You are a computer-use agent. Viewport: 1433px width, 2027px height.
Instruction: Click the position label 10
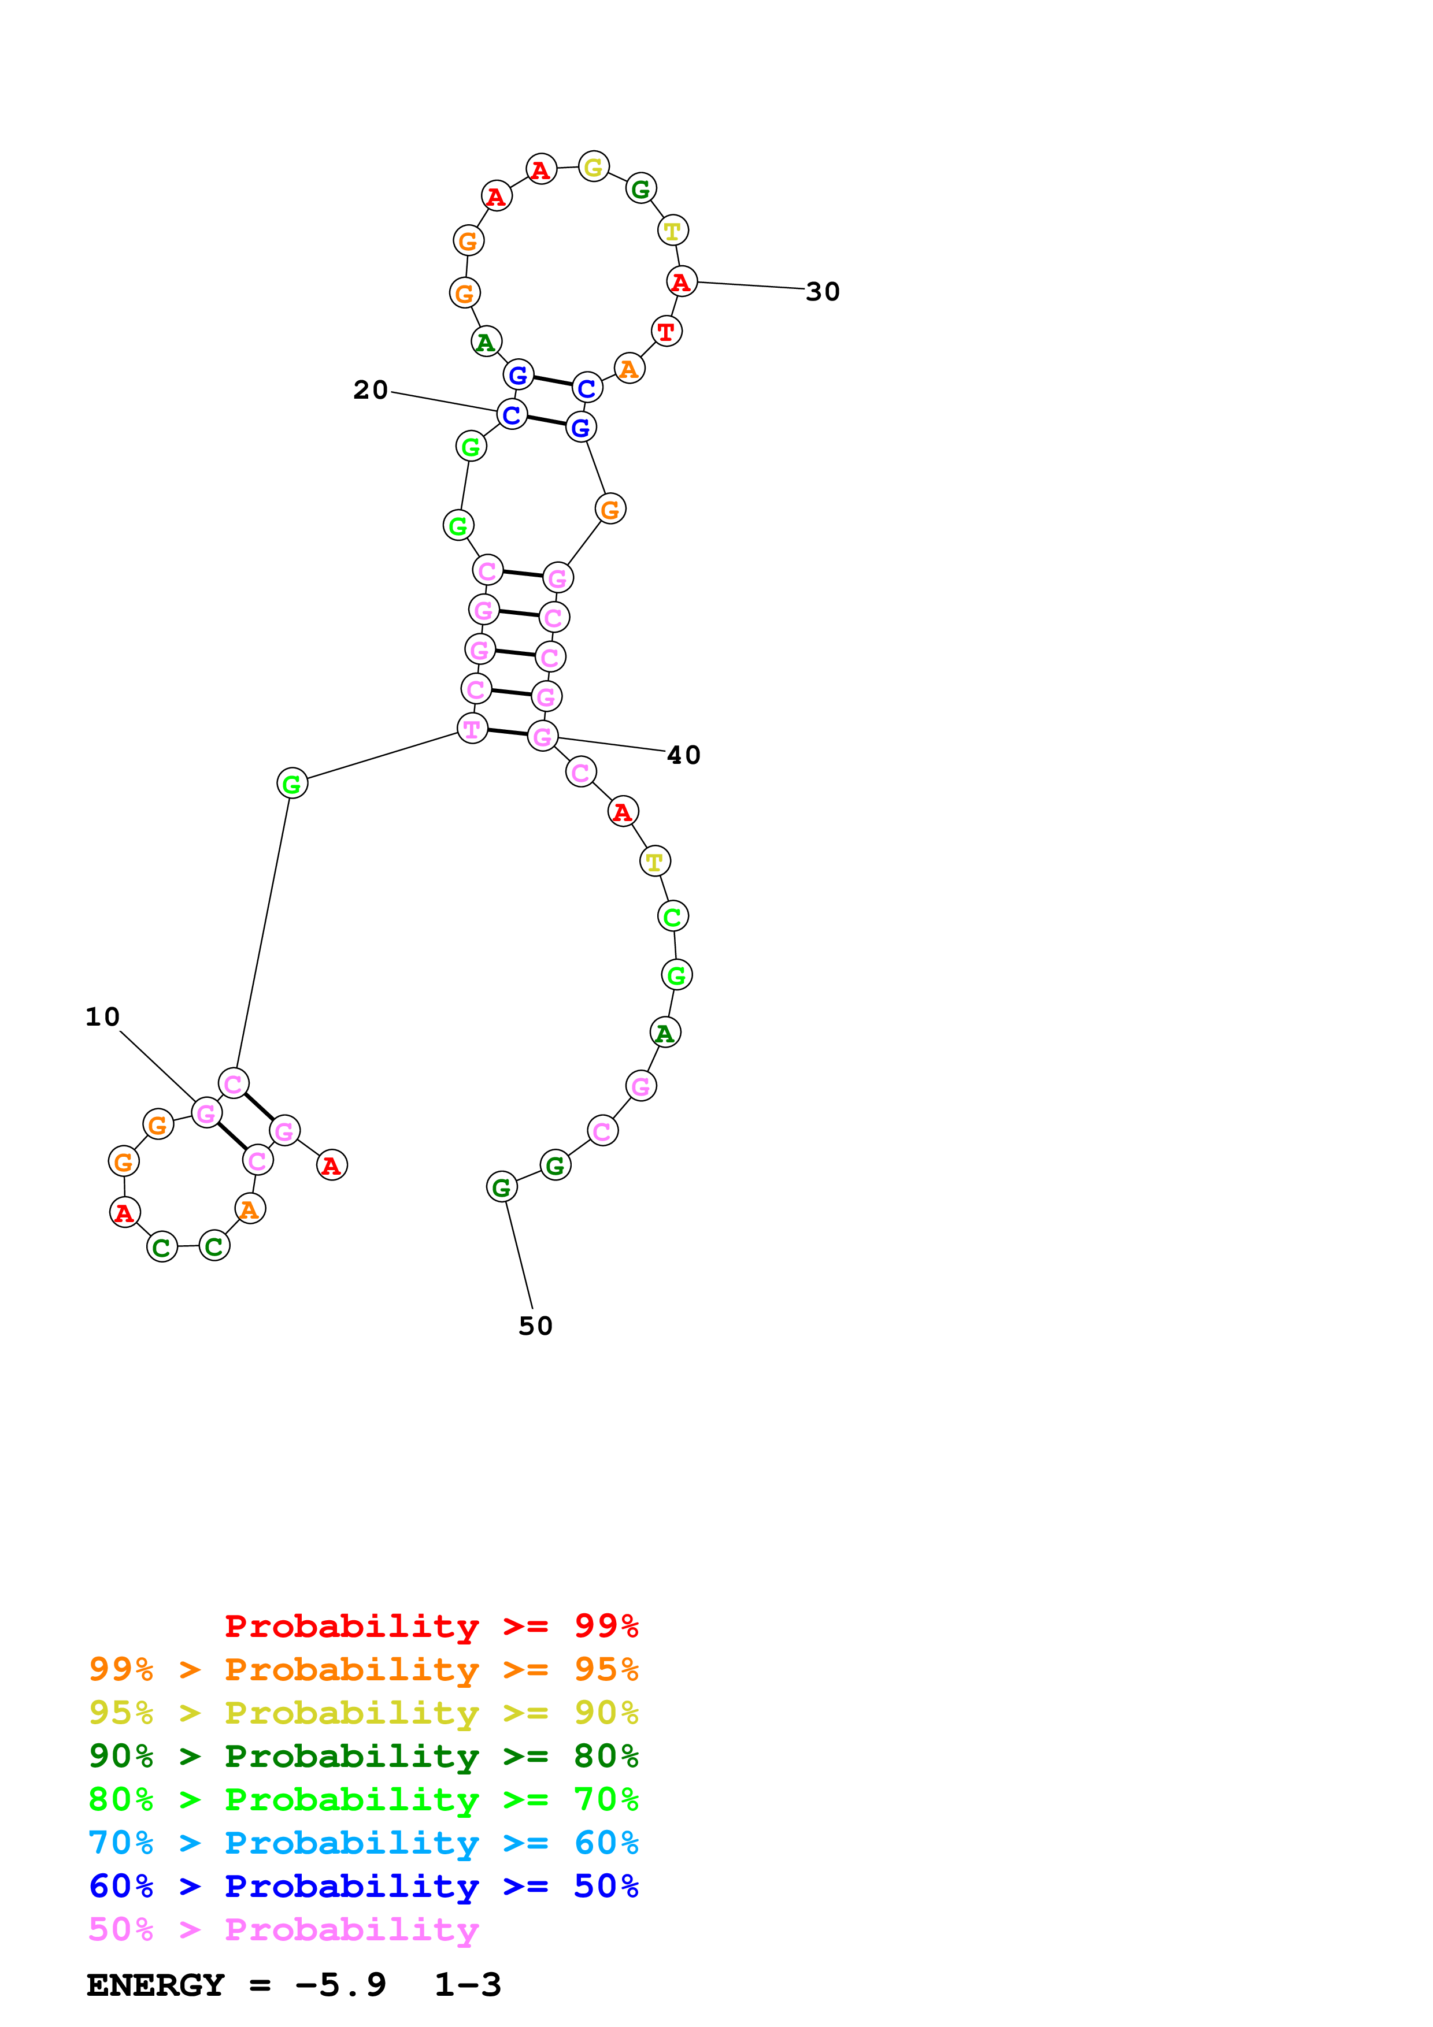(102, 1017)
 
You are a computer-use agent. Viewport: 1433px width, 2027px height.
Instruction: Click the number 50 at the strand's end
(535, 1326)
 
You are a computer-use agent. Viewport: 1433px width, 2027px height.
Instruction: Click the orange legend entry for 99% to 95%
(363, 1669)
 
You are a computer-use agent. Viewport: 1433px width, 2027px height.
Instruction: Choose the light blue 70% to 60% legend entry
(363, 1843)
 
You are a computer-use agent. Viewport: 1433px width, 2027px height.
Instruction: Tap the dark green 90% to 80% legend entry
(363, 1756)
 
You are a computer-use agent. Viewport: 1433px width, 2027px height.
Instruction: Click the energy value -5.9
(341, 1985)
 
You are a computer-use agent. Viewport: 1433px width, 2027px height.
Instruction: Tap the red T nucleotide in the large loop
(666, 331)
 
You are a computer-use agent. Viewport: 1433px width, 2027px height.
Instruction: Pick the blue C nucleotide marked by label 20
(511, 414)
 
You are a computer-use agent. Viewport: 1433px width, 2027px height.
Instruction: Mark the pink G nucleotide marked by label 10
(206, 1113)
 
